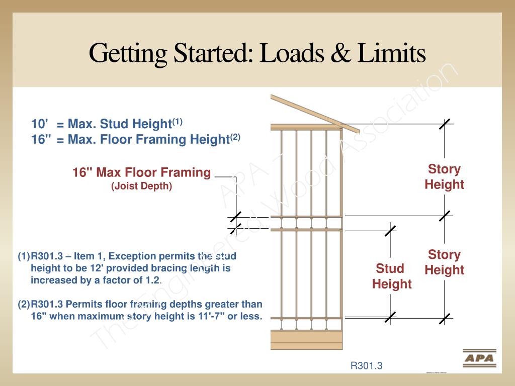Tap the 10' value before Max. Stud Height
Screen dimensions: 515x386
[40, 124]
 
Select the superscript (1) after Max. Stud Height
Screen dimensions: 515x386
[178, 122]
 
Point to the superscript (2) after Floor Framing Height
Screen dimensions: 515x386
[235, 137]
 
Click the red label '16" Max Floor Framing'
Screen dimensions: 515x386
[141, 173]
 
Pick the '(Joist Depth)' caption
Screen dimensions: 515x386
[141, 186]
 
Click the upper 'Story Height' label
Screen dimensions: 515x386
[444, 176]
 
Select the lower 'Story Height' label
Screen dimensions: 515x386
[444, 262]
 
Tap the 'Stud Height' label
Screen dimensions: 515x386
[392, 276]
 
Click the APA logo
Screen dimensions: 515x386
[479, 358]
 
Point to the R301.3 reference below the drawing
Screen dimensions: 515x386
[366, 366]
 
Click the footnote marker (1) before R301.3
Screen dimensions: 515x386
[24, 256]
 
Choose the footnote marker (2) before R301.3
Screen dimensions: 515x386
[24, 304]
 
